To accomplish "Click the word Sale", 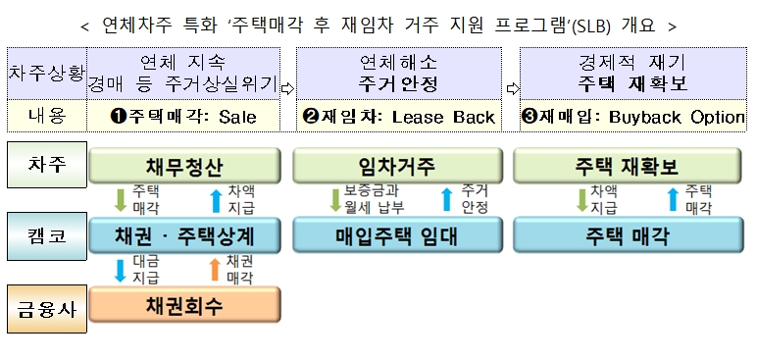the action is tap(237, 117).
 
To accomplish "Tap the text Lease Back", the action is tap(443, 117).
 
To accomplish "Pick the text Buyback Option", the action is tap(677, 117).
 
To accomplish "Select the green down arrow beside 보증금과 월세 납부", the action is tap(333, 200).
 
